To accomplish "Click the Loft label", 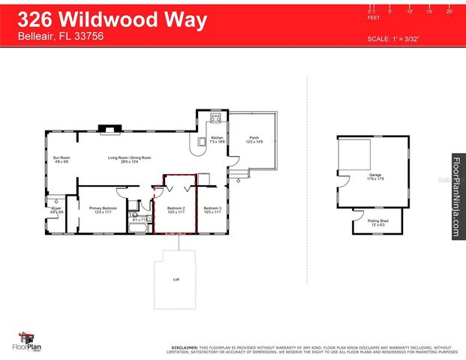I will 176,280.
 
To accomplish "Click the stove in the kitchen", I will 215,118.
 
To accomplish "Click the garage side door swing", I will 342,182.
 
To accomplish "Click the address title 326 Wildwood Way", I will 113,20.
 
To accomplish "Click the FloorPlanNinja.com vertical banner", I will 455,197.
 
